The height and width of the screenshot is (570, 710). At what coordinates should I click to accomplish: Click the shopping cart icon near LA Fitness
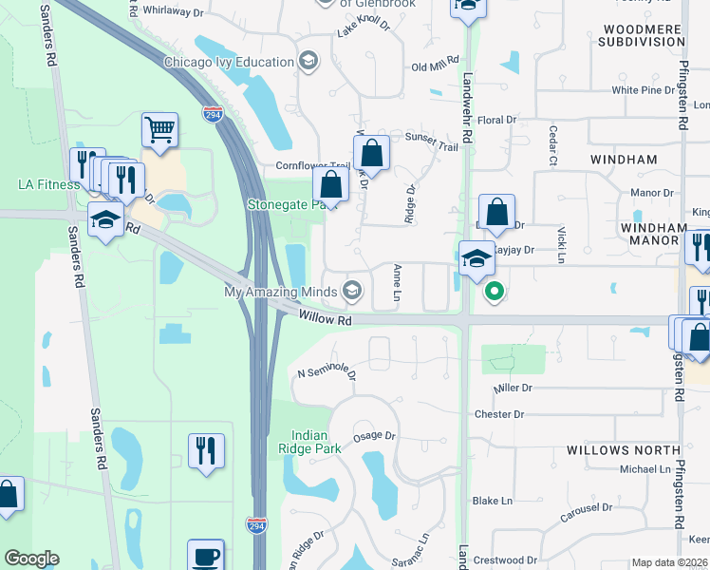click(159, 130)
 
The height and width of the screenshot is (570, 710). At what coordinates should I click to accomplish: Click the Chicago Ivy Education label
click(229, 63)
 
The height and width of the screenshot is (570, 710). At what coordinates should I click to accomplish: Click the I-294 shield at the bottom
click(255, 524)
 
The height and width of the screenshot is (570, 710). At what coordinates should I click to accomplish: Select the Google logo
click(31, 559)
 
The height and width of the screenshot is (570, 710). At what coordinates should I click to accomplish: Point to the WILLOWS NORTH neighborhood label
click(624, 449)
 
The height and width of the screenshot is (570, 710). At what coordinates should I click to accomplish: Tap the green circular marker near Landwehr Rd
click(493, 291)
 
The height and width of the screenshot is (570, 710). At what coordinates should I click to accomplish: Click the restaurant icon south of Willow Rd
click(206, 450)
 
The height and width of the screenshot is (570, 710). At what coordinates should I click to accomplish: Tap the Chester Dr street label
click(498, 414)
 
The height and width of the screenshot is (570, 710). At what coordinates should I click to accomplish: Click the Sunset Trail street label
click(431, 137)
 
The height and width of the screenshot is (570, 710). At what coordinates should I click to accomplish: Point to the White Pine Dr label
click(643, 90)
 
